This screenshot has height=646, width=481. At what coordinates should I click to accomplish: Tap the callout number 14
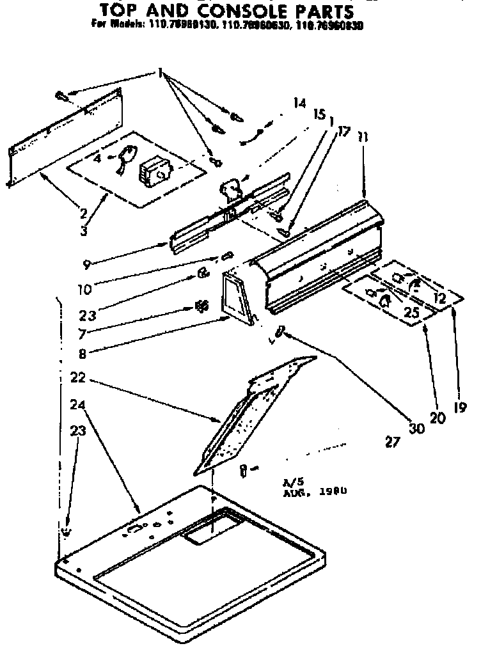(299, 102)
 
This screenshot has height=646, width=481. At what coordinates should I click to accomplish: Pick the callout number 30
(416, 429)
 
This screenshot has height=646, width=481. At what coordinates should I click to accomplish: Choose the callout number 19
(459, 406)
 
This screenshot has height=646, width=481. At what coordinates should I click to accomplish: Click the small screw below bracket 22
(244, 471)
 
